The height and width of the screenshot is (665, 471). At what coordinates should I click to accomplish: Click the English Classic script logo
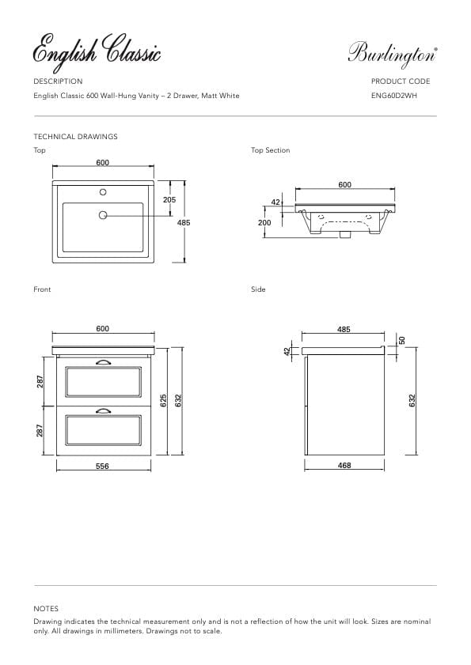pos(97,52)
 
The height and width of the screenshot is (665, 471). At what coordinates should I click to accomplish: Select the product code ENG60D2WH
pos(393,96)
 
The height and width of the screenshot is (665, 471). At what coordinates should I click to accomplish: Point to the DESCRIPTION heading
pos(58,81)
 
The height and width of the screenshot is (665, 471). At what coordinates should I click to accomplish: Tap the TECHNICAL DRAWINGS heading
pos(75,137)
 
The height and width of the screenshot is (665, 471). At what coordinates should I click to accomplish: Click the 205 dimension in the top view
pos(169,200)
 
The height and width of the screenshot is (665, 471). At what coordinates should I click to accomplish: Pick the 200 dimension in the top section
pos(264,223)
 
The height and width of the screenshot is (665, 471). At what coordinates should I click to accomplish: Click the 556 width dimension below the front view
pos(102,467)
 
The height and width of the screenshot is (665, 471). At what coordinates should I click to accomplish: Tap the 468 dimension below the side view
pos(344,467)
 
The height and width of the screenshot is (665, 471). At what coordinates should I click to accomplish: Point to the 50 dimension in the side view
pos(401,340)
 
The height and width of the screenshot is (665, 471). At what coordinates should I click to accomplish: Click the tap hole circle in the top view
pos(102,192)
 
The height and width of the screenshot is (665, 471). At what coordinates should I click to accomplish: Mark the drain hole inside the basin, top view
pos(102,215)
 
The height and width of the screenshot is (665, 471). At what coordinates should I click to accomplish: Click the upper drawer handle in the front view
pos(102,363)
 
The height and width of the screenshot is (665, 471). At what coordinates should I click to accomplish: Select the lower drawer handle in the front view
pos(102,410)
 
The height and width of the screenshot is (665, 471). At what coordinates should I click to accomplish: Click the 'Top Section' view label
pos(271,150)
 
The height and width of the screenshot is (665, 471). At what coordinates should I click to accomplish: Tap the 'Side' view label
pos(258,289)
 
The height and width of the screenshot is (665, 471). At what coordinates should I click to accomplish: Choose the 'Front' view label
pos(42,289)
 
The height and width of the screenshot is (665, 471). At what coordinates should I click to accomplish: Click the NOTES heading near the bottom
pos(46,609)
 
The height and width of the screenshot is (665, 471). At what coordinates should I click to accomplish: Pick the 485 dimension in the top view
pos(184,223)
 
